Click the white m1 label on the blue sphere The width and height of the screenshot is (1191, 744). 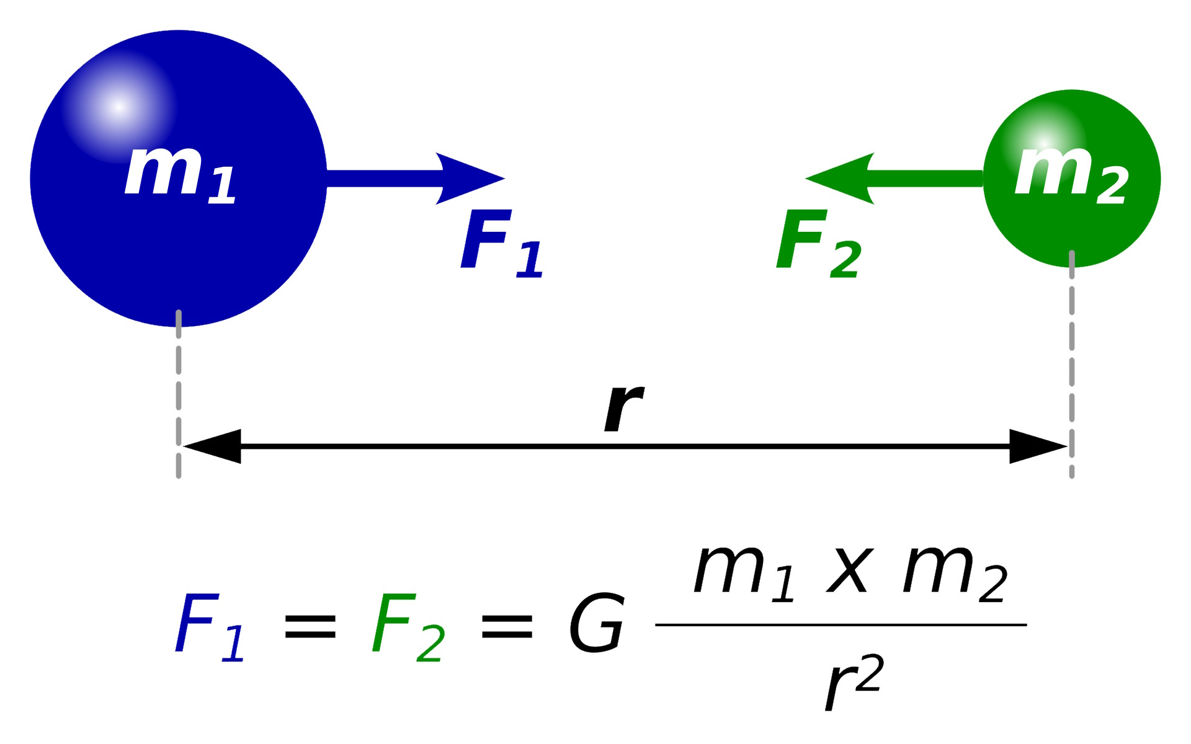pos(180,174)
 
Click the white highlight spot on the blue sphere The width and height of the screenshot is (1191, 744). pos(118,107)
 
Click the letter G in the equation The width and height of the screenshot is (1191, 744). pos(596,623)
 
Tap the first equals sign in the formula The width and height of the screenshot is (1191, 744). pos(310,626)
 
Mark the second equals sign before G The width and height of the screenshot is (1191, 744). pos(507,626)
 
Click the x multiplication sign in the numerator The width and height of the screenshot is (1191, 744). pos(850,571)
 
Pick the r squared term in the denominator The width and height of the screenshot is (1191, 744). pos(854,682)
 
